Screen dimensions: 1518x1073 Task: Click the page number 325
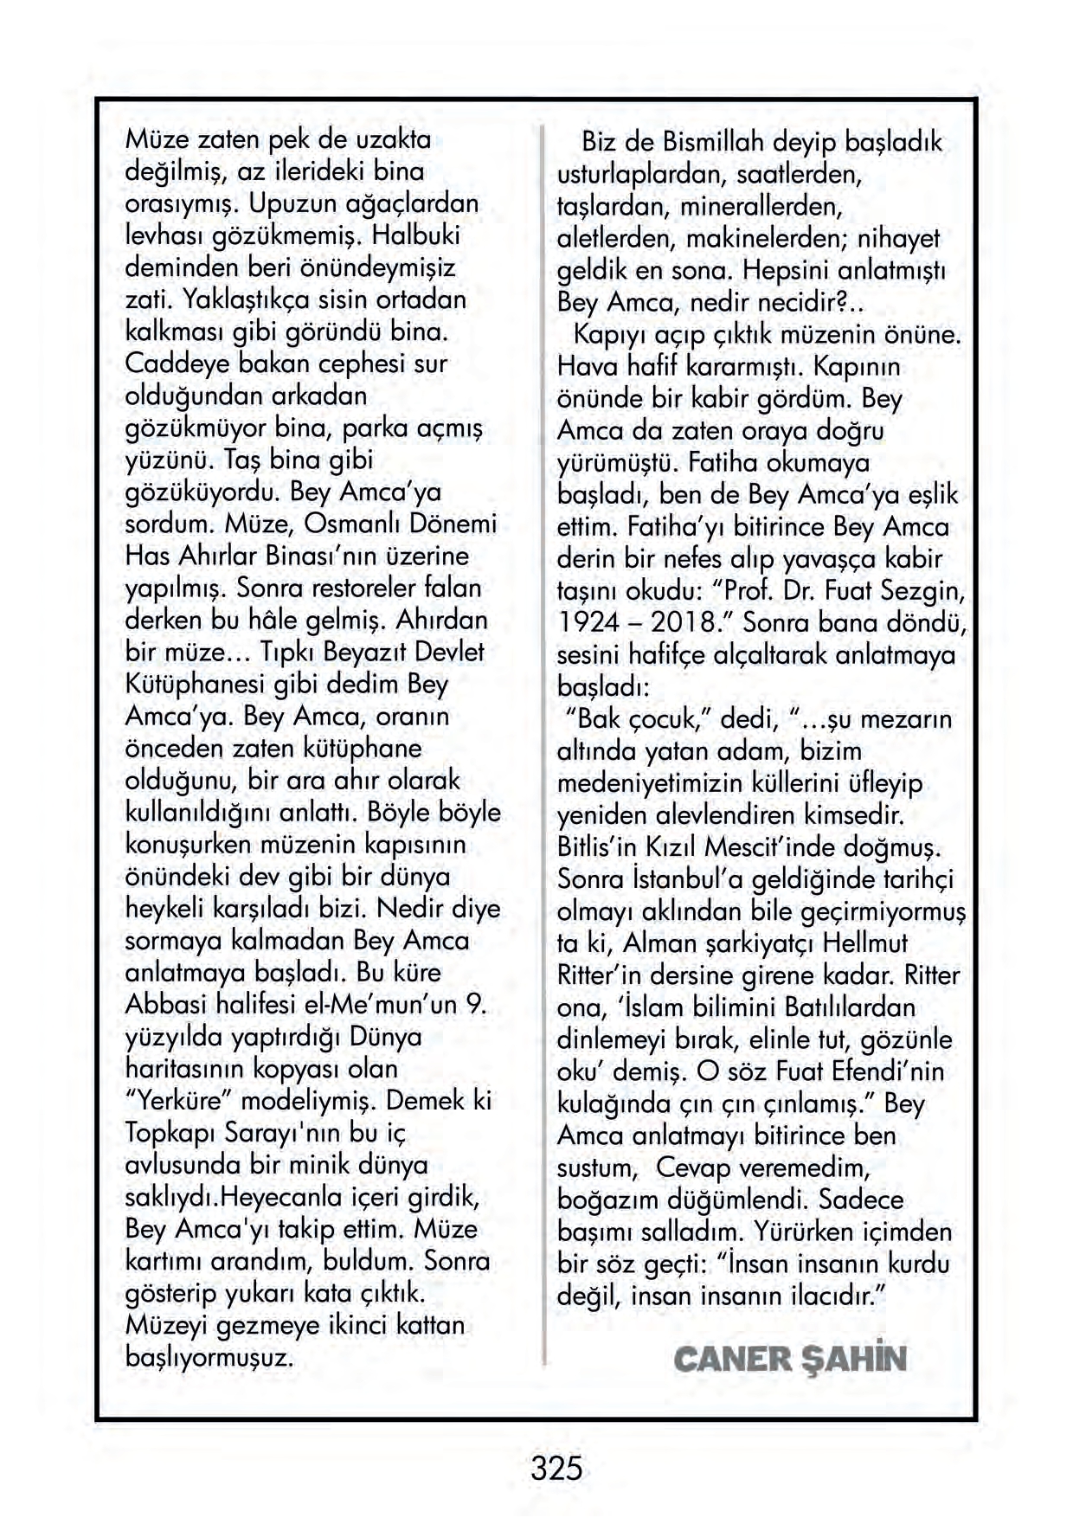556,1470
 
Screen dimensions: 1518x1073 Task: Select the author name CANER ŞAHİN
789,1359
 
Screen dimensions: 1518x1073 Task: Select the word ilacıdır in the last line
834,1296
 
